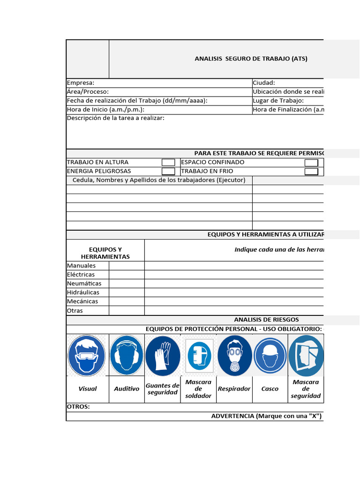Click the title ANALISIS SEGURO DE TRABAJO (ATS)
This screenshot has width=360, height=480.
(x=251, y=59)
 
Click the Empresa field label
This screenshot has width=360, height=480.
(x=81, y=82)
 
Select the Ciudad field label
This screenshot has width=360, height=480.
(x=264, y=82)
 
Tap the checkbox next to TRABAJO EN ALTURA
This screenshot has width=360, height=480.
(x=168, y=162)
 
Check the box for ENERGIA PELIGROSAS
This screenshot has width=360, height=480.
(x=168, y=171)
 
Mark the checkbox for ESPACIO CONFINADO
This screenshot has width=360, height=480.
(x=311, y=162)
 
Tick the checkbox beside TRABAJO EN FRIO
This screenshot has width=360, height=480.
(x=311, y=171)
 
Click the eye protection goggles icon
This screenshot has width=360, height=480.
(x=87, y=355)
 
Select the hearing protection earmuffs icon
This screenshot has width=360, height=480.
(x=127, y=355)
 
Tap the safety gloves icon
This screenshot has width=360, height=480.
(x=162, y=355)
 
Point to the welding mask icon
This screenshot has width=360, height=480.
(x=199, y=355)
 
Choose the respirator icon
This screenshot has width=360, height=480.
(x=234, y=355)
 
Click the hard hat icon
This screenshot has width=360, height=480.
(x=270, y=355)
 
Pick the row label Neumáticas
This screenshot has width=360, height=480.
(x=84, y=283)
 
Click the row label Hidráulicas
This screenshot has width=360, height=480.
(x=83, y=292)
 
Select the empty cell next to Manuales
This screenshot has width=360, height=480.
(x=127, y=265)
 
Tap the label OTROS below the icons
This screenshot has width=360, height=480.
(x=78, y=407)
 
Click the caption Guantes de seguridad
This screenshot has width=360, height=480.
(x=162, y=389)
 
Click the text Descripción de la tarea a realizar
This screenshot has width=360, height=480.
(x=116, y=118)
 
